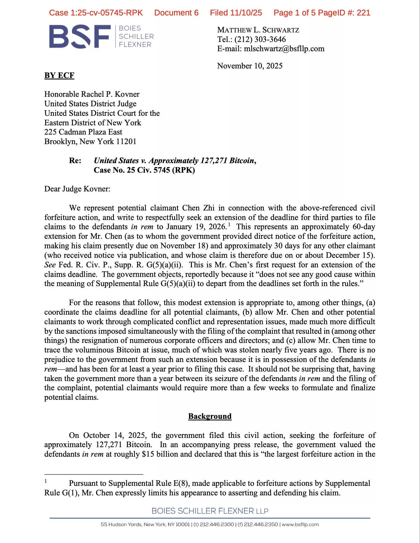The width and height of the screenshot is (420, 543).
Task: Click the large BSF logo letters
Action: coord(80,37)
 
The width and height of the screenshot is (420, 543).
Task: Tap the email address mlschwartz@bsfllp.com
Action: coord(284,49)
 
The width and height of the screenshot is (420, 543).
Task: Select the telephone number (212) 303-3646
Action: coord(260,39)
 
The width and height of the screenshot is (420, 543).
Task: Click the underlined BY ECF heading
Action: coord(59,75)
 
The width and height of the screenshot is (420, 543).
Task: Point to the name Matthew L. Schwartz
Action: coord(258,30)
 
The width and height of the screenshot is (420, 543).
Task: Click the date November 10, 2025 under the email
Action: coord(250,66)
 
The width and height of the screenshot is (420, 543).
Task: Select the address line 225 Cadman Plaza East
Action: coord(83,132)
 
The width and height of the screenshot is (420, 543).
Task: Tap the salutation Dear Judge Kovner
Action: coord(77,189)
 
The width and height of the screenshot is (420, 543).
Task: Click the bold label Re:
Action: coord(75,161)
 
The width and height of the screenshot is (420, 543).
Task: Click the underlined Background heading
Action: coord(210,416)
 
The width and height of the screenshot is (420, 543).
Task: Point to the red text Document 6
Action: coord(176,13)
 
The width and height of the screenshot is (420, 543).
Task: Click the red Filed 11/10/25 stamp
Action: coord(236,13)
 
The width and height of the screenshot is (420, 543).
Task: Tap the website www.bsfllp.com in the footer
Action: coord(300,525)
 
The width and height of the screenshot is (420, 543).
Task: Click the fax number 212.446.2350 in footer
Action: coord(261,525)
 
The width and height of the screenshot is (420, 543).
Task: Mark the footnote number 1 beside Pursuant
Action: coord(46,481)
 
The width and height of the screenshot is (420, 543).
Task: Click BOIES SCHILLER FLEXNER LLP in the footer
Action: coord(210,511)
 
